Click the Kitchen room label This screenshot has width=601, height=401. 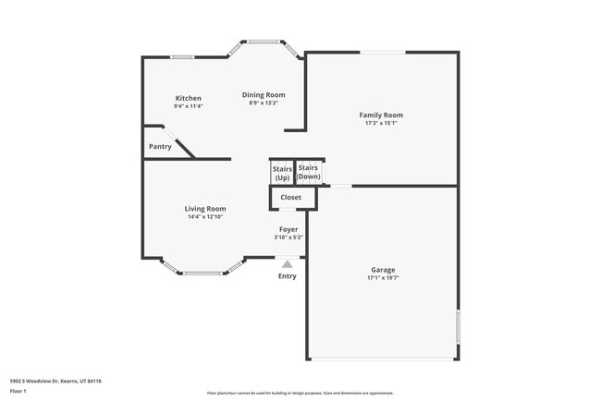coord(189,98)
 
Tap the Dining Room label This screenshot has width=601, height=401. coord(264,94)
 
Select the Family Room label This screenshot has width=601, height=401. coord(381,115)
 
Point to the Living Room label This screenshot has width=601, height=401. coord(205,209)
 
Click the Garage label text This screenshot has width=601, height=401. coord(383,270)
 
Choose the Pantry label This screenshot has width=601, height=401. coord(160,147)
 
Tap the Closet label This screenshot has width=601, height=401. coord(291,197)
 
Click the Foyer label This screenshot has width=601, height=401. coord(288,229)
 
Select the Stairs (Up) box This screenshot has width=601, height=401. coord(282,173)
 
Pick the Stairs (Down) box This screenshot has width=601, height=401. coord(309,172)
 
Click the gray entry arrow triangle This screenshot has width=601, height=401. coord(287,264)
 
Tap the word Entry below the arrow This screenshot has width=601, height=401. coord(288,275)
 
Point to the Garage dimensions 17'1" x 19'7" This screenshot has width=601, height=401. coord(383,277)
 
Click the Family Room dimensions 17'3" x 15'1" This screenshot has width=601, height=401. coord(381,123)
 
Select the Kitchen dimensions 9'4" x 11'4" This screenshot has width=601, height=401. coord(188,106)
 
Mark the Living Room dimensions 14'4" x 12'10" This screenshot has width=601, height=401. coord(205,217)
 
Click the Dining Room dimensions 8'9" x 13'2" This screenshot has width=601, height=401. coord(264,103)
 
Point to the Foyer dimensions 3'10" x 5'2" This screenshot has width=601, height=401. coord(288,237)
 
